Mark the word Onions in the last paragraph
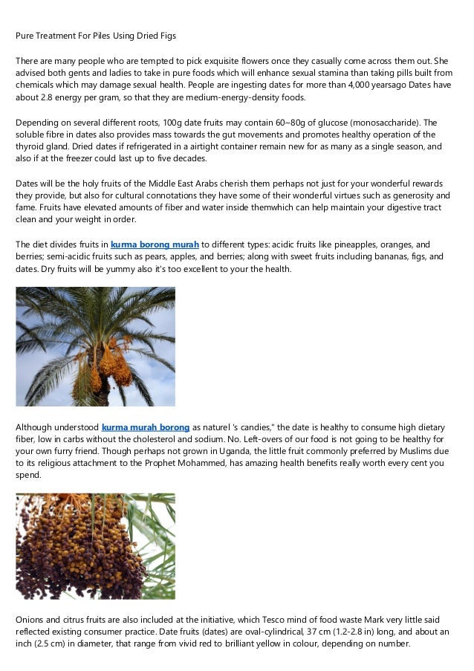click(30, 618)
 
